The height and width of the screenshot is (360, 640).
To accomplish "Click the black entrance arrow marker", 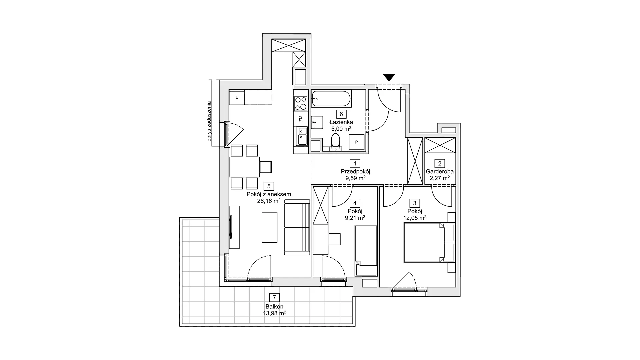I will point(389,77).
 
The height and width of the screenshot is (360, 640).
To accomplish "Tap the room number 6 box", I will point(341,114).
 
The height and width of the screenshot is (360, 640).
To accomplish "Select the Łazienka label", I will point(341,122).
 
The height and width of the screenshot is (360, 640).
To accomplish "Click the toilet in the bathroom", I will point(335,141).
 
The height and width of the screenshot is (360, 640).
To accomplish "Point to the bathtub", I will point(331,98).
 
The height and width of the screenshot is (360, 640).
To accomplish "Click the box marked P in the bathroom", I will point(356,142).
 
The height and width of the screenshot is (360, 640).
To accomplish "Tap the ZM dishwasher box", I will point(301,118).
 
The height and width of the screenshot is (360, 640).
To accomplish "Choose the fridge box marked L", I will point(237,97).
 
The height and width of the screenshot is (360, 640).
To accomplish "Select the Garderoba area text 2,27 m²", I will point(440,178).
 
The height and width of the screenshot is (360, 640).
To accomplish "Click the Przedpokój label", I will point(355,171).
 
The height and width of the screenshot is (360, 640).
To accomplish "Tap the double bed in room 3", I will point(424,242).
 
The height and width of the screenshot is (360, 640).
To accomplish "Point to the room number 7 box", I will point(274,297).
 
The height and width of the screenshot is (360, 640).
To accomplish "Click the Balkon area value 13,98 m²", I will point(274,313).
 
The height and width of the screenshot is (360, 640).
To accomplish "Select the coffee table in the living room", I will point(269,227).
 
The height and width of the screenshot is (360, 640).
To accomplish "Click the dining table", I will point(244,167).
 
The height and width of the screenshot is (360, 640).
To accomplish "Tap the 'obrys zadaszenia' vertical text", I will point(209,121).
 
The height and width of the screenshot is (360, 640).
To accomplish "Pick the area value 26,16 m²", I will point(269,201).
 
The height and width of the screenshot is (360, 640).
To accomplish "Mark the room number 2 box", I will point(440,163).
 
